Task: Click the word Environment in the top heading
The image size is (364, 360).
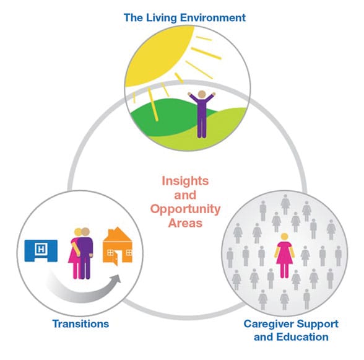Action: pyautogui.click(x=213, y=18)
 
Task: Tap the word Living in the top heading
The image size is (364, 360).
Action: pyautogui.click(x=161, y=18)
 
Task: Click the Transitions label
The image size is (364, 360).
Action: pyautogui.click(x=80, y=323)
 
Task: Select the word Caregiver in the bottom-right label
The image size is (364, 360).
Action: pyautogui.click(x=269, y=324)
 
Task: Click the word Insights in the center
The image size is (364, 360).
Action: pyautogui.click(x=185, y=181)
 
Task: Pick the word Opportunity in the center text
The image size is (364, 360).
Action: pyautogui.click(x=185, y=209)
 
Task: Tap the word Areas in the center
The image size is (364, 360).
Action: pyautogui.click(x=185, y=223)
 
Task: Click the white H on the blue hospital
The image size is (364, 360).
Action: pyautogui.click(x=41, y=249)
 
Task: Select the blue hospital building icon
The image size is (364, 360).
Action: pyautogui.click(x=41, y=250)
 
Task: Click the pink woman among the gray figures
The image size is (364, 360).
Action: pyautogui.click(x=284, y=256)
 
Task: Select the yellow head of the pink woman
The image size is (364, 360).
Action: pyautogui.click(x=284, y=237)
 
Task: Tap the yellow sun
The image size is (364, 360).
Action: pyautogui.click(x=159, y=55)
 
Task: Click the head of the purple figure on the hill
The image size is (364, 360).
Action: pyautogui.click(x=202, y=94)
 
